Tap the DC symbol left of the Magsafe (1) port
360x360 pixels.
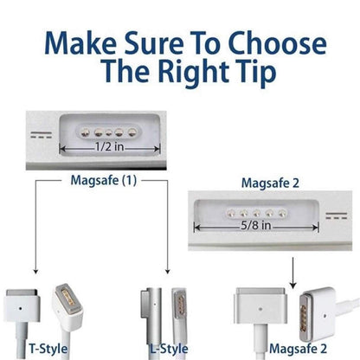point(36,138)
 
